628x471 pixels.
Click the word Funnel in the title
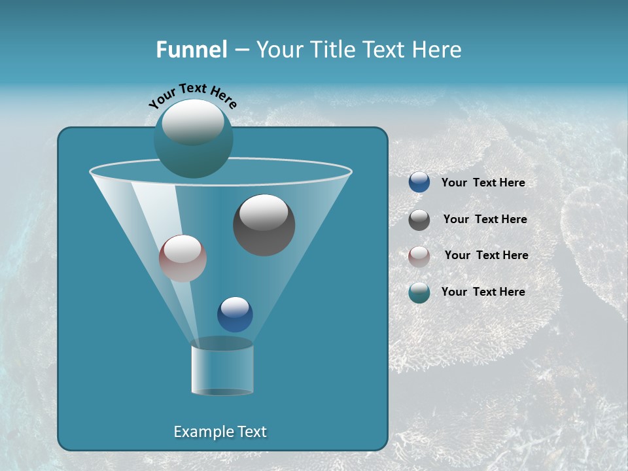[x=191, y=50]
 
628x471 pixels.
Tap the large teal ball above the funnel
[x=193, y=139]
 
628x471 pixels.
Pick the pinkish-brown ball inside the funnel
[x=183, y=258]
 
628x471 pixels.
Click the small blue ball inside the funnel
[x=235, y=315]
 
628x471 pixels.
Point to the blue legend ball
[x=419, y=183]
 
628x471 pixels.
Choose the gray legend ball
[x=419, y=220]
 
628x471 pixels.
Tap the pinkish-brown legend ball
[x=419, y=256]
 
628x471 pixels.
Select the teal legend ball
[x=419, y=293]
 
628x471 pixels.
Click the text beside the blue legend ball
[x=483, y=183]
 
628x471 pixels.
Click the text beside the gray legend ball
[x=485, y=220]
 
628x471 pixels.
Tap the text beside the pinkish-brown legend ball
[x=486, y=256]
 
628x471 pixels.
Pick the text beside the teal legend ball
[x=483, y=292]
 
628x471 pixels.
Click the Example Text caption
[x=220, y=432]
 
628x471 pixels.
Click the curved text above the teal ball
[x=193, y=96]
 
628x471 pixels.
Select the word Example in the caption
[x=202, y=432]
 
